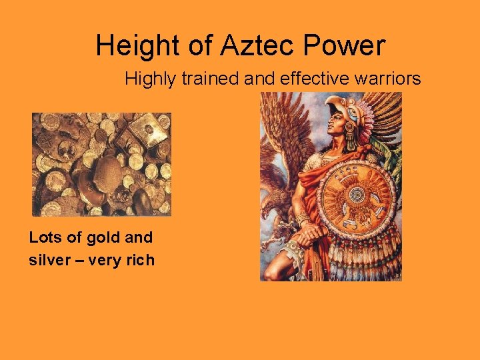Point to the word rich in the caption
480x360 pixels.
[139, 260]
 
